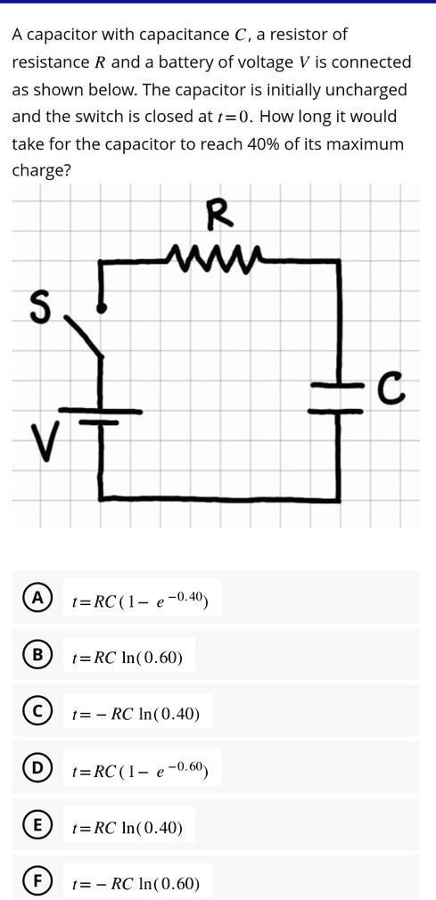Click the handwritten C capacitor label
(387, 388)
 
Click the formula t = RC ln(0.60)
(128, 658)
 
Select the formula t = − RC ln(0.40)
(136, 714)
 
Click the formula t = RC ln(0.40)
(128, 828)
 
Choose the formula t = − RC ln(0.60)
(136, 884)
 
